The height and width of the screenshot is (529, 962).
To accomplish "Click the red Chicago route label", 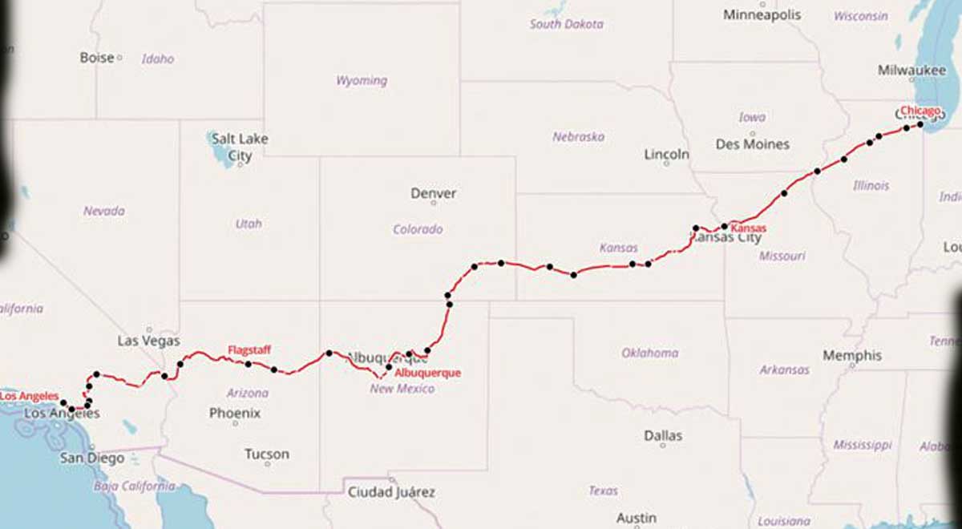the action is click(920, 110).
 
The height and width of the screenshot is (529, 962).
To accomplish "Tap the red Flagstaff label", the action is click(249, 349).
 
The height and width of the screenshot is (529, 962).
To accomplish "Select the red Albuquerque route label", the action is click(428, 373).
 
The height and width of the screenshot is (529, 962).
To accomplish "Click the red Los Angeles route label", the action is click(30, 396).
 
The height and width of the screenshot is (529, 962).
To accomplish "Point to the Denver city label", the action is click(433, 193).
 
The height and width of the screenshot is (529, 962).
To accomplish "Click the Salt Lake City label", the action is click(240, 147).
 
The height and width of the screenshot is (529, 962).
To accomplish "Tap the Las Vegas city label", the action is click(149, 341).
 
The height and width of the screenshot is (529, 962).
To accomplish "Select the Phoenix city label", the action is click(235, 414).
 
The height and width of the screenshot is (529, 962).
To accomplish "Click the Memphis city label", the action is click(851, 355).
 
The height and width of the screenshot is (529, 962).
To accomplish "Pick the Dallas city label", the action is click(663, 435).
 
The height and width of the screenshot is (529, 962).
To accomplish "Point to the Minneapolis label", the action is click(762, 14).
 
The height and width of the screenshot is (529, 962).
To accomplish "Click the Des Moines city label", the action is click(752, 144).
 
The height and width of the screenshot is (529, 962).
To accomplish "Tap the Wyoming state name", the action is click(361, 80).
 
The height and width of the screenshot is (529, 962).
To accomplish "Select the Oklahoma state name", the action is click(649, 353).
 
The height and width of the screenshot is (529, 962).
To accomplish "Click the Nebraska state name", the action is click(578, 137).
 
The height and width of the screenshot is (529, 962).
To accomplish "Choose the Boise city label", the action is click(97, 58).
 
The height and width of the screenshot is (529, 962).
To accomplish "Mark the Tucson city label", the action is click(267, 454).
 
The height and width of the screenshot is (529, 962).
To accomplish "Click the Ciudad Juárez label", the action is click(390, 492).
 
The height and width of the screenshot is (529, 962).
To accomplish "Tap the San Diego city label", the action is click(93, 458).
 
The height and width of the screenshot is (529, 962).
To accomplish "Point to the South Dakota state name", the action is click(566, 24).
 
